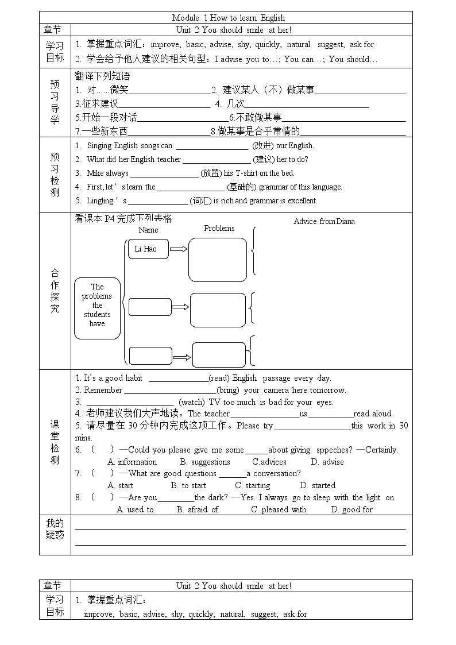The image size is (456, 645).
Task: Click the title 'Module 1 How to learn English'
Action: point(228,18)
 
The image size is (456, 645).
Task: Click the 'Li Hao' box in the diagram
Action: point(146,249)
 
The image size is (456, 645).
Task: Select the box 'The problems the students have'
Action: point(97,305)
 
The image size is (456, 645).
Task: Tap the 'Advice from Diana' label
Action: point(324,221)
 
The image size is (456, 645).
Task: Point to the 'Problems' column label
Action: point(219,228)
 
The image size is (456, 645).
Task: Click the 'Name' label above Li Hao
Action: point(148,230)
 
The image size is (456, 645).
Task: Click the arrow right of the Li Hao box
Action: point(179,249)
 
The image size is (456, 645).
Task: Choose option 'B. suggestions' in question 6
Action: point(205,462)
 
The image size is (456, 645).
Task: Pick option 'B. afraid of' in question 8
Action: point(198,509)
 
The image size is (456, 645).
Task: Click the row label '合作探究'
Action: point(55,291)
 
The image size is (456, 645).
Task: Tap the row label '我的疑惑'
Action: point(55,529)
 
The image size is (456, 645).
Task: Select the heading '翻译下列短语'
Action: point(103,76)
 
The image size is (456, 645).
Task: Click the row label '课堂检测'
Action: point(55,442)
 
